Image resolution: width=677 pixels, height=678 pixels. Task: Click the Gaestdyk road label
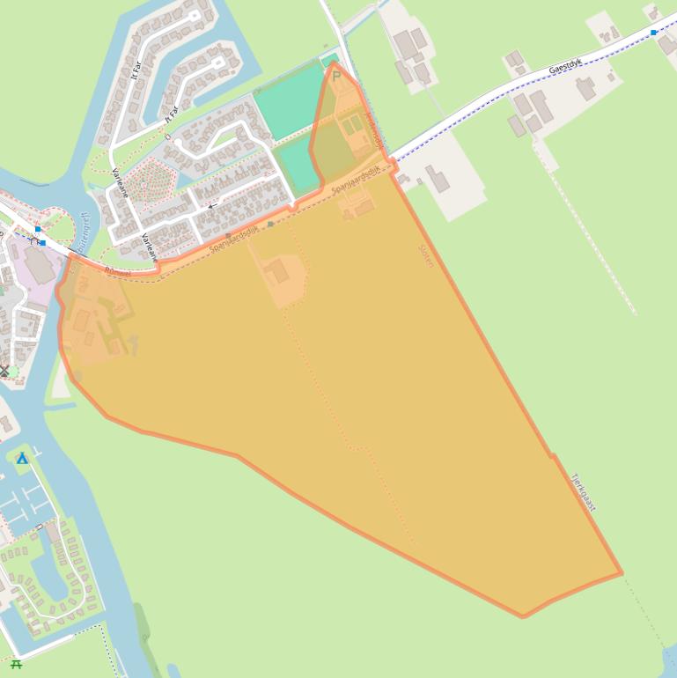tap(566, 66)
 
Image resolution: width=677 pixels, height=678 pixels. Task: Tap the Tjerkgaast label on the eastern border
tap(584, 493)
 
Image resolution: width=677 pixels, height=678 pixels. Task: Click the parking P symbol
tap(335, 77)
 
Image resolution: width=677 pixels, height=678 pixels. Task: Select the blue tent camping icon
tap(22, 459)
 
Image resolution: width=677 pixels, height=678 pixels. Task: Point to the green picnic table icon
tap(16, 664)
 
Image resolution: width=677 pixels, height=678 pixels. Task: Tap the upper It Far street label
tap(136, 68)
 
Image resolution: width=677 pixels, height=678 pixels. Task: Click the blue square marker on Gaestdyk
tap(653, 32)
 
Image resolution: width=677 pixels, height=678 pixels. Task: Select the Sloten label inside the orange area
tap(426, 254)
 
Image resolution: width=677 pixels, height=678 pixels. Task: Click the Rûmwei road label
tap(117, 272)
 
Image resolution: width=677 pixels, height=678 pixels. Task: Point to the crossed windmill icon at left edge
tap(4, 371)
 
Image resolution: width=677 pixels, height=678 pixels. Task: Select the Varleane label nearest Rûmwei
tap(147, 247)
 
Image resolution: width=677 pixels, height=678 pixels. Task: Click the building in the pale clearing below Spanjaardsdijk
tap(277, 270)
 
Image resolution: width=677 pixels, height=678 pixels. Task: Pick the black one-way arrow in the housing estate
tap(212, 205)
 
